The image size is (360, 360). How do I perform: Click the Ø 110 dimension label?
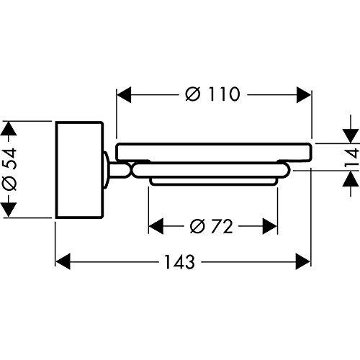click(212, 94)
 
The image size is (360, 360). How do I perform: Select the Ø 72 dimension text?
click(211, 226)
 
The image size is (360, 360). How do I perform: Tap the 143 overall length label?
click(179, 262)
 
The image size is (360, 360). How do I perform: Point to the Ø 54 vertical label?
click(9, 169)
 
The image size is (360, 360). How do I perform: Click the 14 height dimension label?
click(352, 158)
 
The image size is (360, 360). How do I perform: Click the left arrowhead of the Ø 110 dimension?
click(124, 94)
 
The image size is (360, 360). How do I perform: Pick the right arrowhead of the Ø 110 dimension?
click(304, 94)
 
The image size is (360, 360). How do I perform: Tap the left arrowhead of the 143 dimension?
click(63, 261)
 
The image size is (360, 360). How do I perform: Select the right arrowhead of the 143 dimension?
click(303, 261)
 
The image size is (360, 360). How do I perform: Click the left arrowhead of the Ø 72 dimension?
click(156, 226)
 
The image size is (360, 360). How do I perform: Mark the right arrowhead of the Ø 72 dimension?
click(270, 226)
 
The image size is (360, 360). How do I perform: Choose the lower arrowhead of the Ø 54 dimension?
click(9, 210)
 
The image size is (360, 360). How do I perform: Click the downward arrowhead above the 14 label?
click(351, 136)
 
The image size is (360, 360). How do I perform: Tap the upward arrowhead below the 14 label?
click(351, 179)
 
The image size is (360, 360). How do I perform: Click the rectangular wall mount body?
click(80, 170)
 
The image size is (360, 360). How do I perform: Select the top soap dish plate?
click(213, 152)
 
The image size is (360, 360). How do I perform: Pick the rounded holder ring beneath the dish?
click(211, 170)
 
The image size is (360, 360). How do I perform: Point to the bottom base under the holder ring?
click(213, 181)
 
